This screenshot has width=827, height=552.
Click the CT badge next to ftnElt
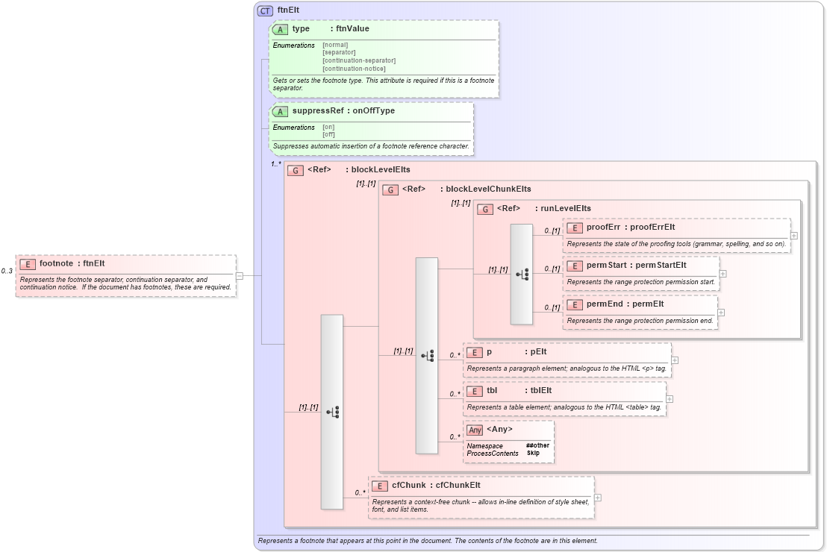click(x=265, y=10)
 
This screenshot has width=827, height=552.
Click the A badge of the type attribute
click(x=280, y=29)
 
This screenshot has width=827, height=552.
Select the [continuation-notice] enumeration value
click(x=354, y=69)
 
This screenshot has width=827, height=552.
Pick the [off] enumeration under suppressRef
click(x=328, y=135)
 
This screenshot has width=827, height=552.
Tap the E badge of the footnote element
click(x=28, y=263)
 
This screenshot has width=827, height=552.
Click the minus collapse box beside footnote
click(x=239, y=275)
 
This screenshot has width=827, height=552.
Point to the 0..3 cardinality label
click(x=7, y=271)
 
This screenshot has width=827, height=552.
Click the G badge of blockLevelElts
click(x=295, y=170)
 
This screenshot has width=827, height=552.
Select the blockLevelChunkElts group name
click(x=488, y=189)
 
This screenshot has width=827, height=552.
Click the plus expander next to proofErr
click(x=793, y=235)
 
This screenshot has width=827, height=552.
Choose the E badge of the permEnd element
click(x=575, y=304)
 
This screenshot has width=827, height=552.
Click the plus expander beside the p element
click(x=675, y=360)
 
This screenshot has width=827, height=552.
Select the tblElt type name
click(x=540, y=390)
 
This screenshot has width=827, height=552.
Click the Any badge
click(x=475, y=429)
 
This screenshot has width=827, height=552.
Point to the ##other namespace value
click(x=537, y=445)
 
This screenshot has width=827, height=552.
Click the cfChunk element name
click(x=408, y=486)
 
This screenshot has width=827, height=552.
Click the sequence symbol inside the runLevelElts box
click(x=522, y=275)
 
